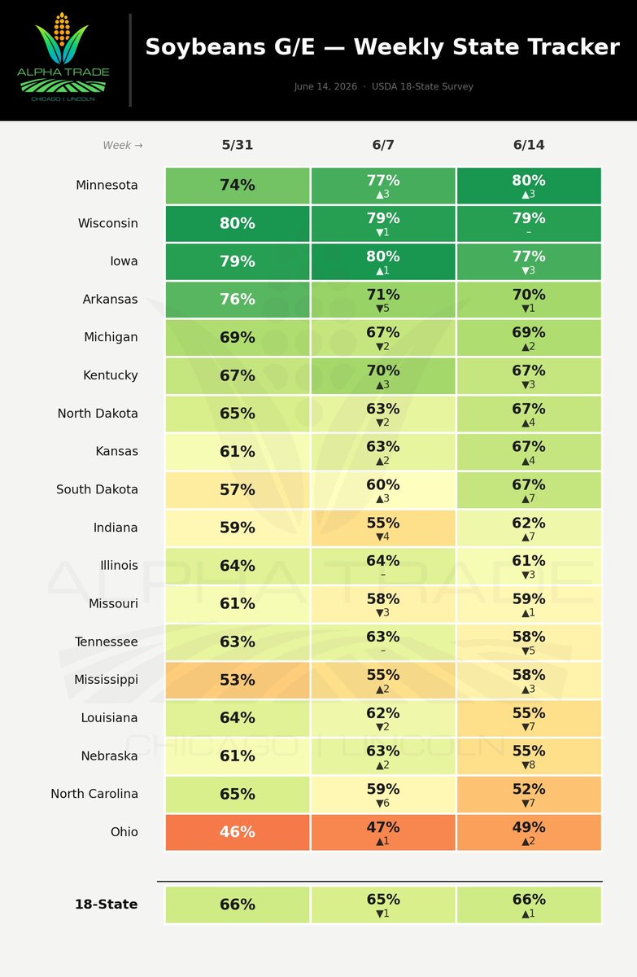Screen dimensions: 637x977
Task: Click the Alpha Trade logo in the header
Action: point(63,57)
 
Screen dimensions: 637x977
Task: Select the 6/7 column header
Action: point(383,145)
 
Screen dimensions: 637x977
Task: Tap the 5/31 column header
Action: point(237,145)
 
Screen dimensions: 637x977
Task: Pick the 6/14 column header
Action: point(529,145)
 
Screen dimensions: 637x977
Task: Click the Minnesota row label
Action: point(107,185)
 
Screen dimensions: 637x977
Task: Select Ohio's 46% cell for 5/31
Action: point(238,832)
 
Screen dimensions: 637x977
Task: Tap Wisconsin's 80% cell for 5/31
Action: point(238,223)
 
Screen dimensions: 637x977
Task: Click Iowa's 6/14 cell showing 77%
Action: point(529,261)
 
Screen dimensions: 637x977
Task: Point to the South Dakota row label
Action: point(97,489)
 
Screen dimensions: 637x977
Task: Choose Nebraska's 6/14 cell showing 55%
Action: point(529,756)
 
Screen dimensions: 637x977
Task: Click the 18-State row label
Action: point(107,905)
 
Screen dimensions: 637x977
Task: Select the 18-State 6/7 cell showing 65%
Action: point(383,905)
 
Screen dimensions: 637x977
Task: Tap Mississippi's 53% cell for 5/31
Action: point(238,680)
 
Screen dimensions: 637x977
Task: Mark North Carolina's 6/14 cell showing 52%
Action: point(529,795)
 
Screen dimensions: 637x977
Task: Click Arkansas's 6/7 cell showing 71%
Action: point(383,300)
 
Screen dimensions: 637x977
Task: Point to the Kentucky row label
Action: point(111,375)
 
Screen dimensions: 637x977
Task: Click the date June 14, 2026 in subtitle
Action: point(325,86)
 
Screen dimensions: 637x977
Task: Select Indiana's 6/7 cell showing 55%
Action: point(383,528)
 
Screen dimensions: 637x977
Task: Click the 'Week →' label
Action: point(123,145)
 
